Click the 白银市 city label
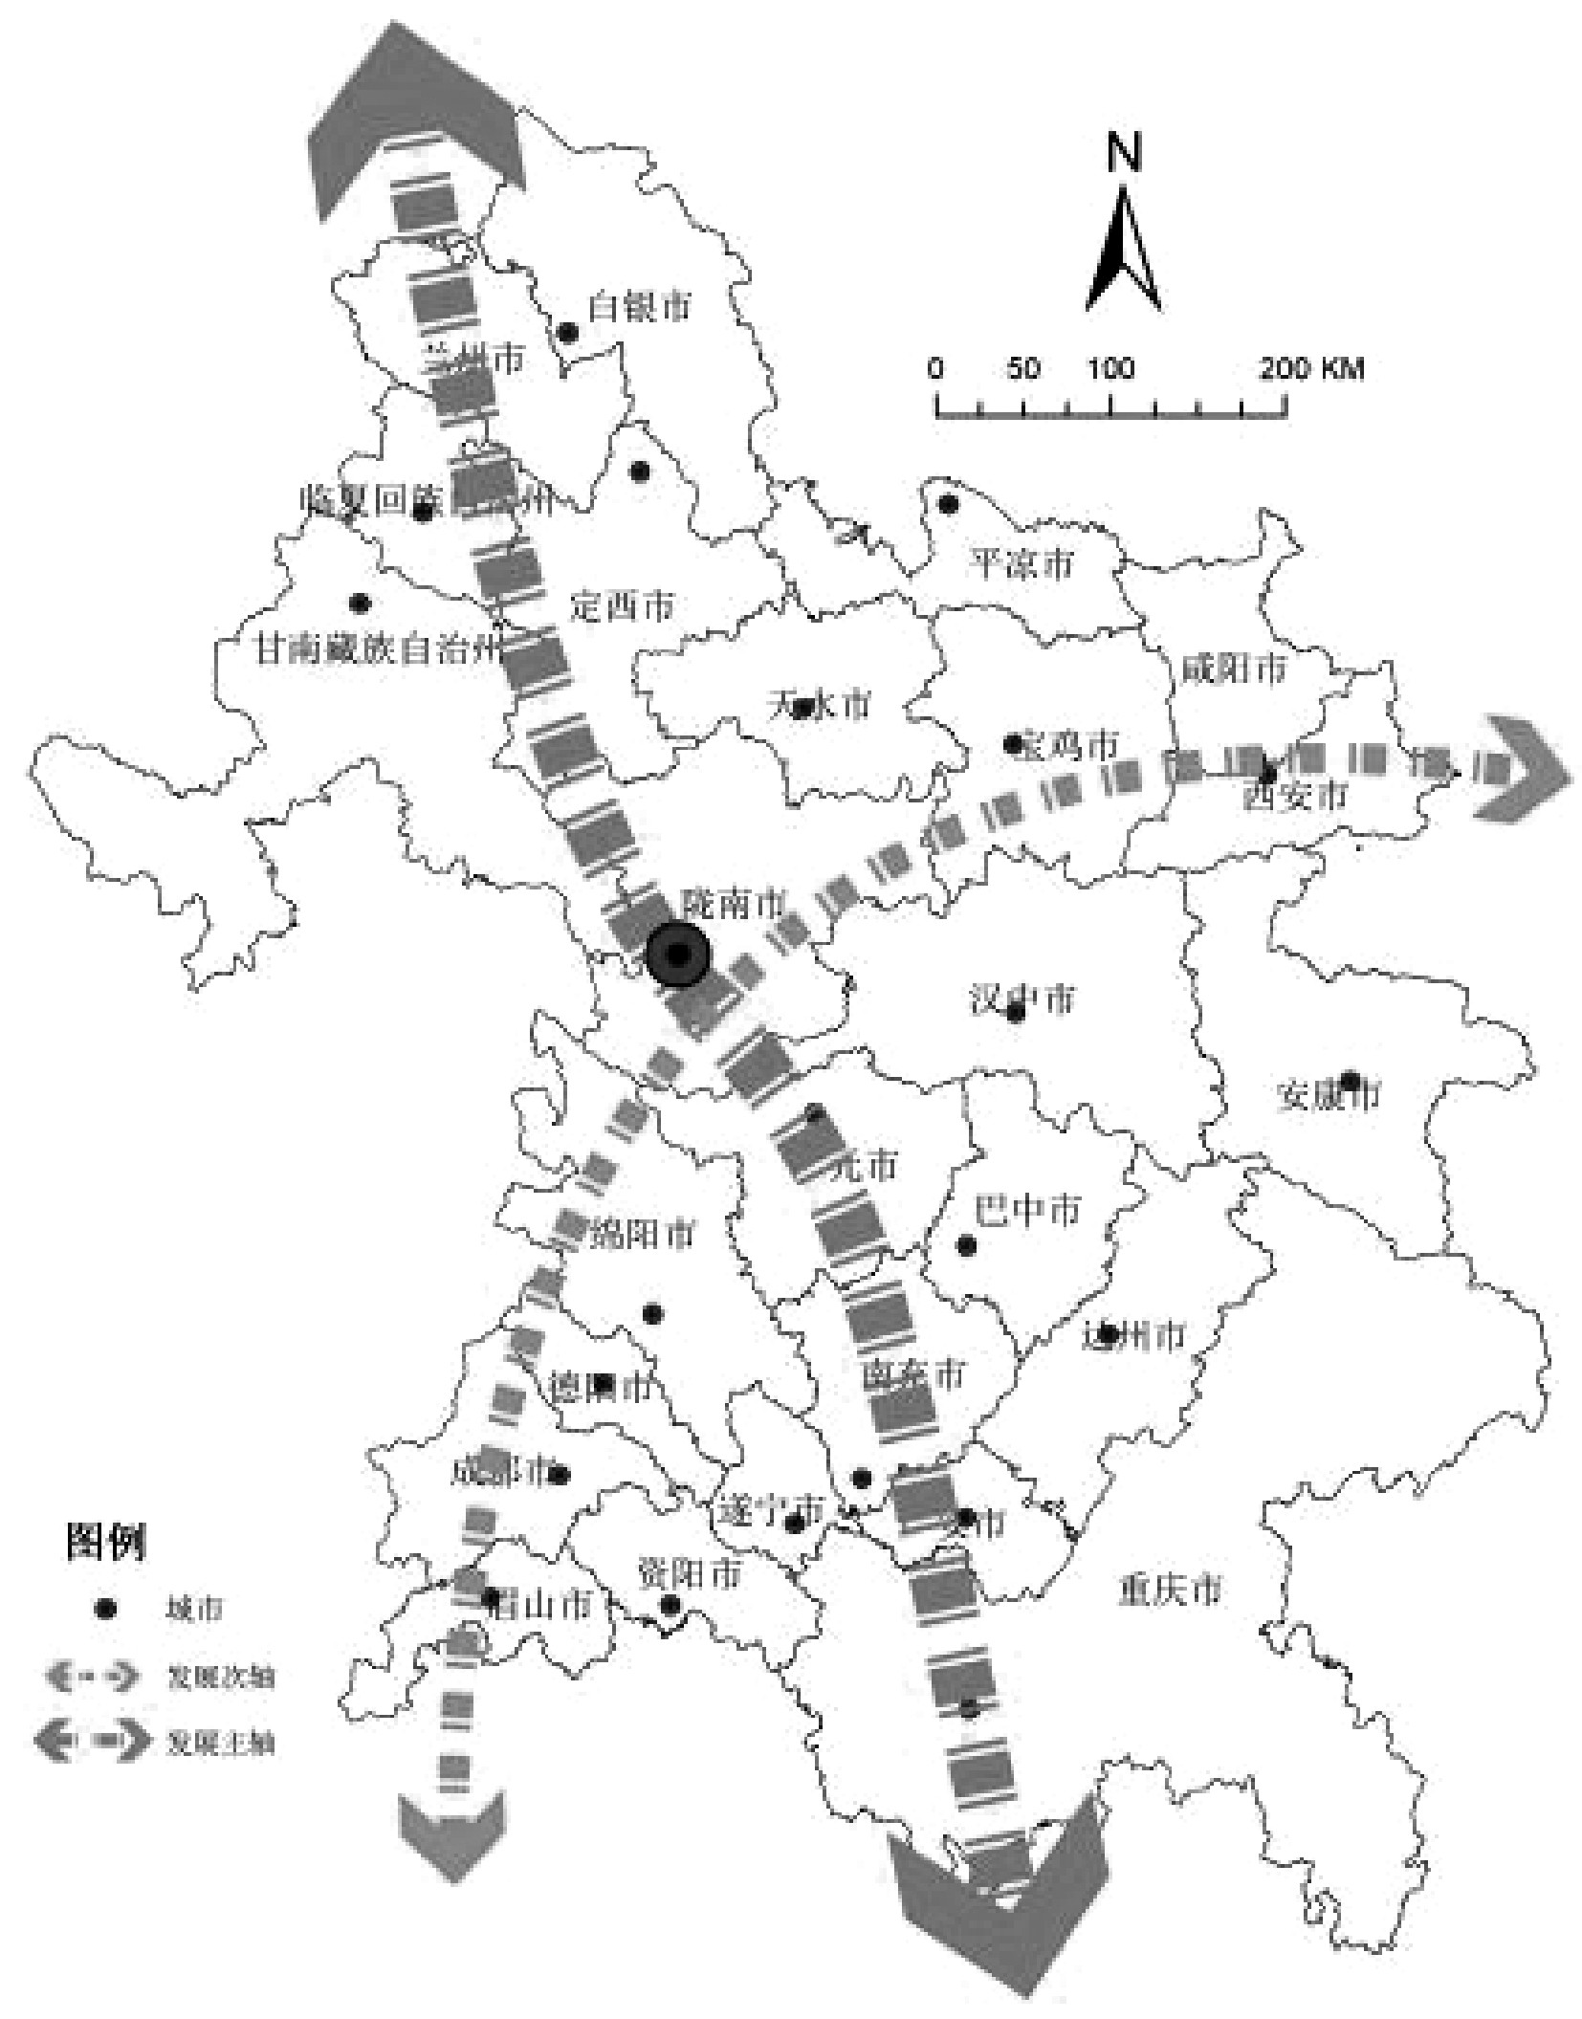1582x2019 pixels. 638,307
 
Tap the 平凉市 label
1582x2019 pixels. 1022,563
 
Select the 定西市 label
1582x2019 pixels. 622,604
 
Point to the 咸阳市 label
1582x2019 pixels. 1234,669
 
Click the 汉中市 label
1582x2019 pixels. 1022,999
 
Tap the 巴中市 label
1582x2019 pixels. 1026,1210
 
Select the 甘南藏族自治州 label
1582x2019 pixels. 377,651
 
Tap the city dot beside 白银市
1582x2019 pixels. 567,333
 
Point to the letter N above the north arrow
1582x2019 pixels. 1124,152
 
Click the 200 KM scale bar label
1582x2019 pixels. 1311,368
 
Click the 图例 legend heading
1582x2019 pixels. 106,1542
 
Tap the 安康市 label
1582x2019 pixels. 1329,1095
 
